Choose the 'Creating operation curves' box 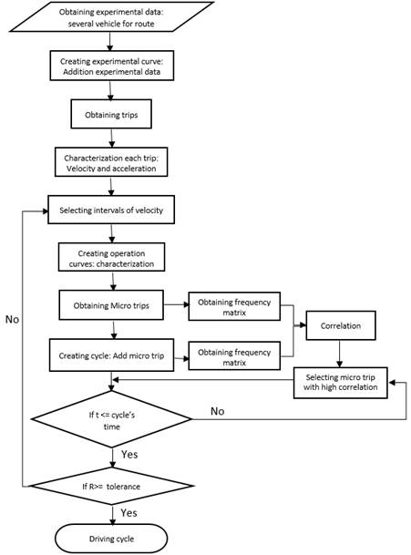click(112, 258)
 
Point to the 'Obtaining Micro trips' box click(111, 304)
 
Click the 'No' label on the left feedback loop click(13, 321)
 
